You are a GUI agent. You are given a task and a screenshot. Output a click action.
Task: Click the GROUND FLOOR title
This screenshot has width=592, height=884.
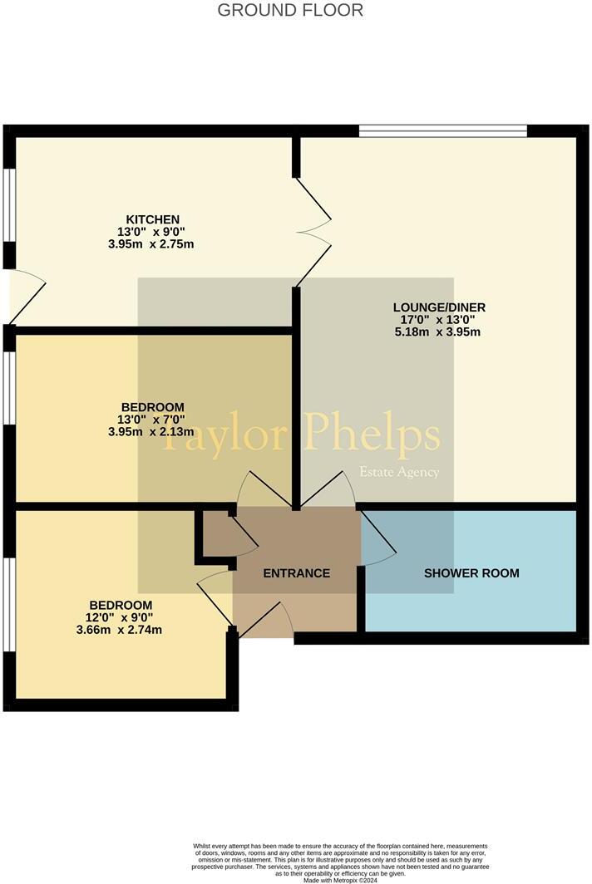(x=290, y=11)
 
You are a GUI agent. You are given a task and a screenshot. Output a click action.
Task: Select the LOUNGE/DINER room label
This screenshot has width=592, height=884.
(x=439, y=307)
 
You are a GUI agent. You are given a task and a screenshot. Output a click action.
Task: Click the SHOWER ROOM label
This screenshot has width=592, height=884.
(x=471, y=573)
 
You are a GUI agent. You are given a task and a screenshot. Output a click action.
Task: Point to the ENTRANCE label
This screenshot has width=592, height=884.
(x=297, y=573)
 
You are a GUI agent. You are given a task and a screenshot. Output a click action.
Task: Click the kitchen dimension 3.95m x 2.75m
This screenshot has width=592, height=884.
(x=151, y=244)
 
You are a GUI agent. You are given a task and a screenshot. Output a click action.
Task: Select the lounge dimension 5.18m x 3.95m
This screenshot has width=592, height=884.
(x=439, y=331)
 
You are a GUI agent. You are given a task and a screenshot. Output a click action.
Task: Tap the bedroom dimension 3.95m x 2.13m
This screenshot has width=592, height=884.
(x=151, y=432)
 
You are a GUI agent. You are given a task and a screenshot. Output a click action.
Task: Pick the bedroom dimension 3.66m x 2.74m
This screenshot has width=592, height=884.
(x=121, y=630)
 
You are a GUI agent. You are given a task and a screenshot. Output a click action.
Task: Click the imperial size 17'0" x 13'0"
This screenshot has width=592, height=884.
(x=439, y=319)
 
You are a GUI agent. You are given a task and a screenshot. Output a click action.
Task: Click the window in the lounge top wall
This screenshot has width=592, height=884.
(x=443, y=130)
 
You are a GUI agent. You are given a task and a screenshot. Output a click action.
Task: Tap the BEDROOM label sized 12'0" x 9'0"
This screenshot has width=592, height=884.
(x=121, y=605)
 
